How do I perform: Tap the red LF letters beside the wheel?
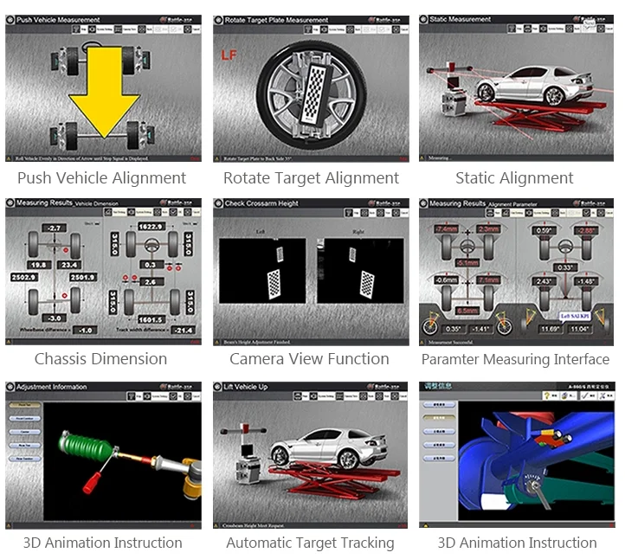point(229,55)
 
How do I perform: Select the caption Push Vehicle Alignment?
point(102,178)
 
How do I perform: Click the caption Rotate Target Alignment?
point(311,178)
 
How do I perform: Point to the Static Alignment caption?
point(514,178)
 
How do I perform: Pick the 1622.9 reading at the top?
point(150,227)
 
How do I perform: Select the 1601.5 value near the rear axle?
point(150,319)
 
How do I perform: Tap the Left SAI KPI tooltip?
point(549,317)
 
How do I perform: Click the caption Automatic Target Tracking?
point(310,543)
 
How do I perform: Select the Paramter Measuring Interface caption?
point(515,359)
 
